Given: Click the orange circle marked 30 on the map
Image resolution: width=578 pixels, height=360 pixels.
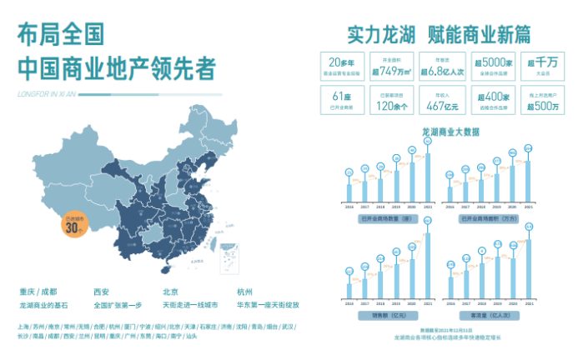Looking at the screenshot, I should pyautogui.click(x=76, y=225).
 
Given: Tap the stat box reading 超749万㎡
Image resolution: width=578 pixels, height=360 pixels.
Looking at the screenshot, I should pyautogui.click(x=384, y=66).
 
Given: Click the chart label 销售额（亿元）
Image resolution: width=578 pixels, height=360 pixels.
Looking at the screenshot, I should pyautogui.click(x=389, y=316).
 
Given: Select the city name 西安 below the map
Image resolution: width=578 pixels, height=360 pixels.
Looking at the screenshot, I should pyautogui.click(x=101, y=291).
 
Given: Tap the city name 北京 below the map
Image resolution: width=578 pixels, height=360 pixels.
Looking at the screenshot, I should pyautogui.click(x=170, y=291).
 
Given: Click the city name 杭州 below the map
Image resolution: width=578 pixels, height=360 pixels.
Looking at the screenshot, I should pyautogui.click(x=244, y=291).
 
